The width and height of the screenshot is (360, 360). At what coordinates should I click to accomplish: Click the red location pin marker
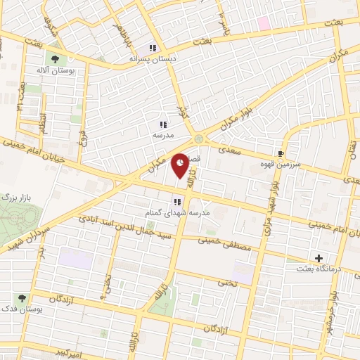pyautogui.click(x=181, y=162)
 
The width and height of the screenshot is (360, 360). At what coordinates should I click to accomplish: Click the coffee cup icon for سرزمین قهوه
pyautogui.click(x=281, y=153)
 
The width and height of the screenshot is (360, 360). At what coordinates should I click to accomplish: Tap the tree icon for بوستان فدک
pyautogui.click(x=22, y=298)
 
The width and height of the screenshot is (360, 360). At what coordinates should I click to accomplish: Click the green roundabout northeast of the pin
pyautogui.click(x=199, y=138)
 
